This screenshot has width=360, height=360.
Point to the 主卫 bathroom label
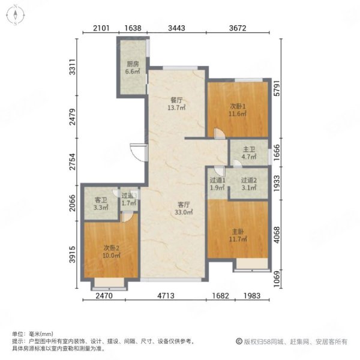point(250,149)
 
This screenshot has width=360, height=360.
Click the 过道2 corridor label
point(249,181)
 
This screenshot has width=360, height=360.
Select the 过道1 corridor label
point(217,181)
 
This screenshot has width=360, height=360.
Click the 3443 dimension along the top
point(176,27)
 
